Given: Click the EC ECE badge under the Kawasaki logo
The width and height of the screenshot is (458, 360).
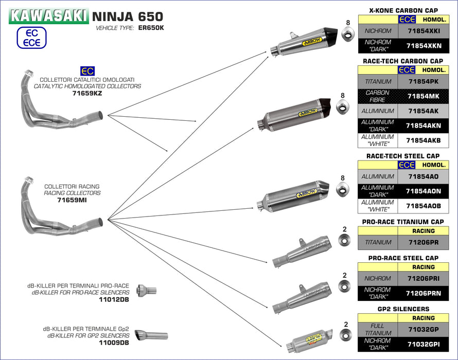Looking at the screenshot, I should [31, 38].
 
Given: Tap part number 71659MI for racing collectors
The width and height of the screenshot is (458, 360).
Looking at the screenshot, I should [72, 200].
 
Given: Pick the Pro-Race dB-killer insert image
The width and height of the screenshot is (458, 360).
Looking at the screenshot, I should [146, 291].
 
